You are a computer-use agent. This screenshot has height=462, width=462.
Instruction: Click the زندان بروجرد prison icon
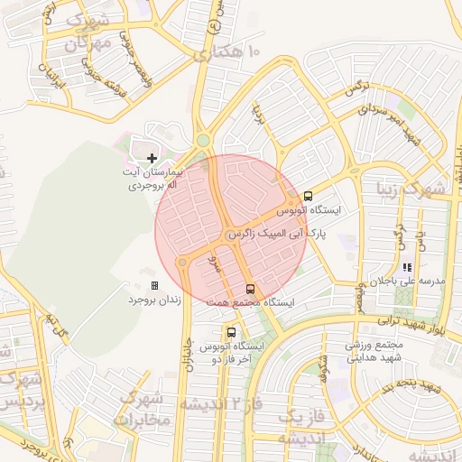(154, 285)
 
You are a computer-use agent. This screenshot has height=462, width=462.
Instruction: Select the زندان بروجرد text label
(153, 299)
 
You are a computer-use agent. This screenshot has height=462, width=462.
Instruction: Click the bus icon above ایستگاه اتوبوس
(308, 196)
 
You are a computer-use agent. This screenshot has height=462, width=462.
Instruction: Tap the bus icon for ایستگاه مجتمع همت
(250, 289)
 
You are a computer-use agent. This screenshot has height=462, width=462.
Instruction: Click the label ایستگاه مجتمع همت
(258, 302)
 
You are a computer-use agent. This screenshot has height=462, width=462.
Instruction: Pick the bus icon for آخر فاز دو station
(232, 332)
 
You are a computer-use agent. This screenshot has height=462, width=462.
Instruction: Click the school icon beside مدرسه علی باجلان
(407, 267)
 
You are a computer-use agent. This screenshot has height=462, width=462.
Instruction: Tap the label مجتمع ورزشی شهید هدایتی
(378, 351)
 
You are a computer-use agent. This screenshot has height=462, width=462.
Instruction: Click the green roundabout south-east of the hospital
(203, 141)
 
